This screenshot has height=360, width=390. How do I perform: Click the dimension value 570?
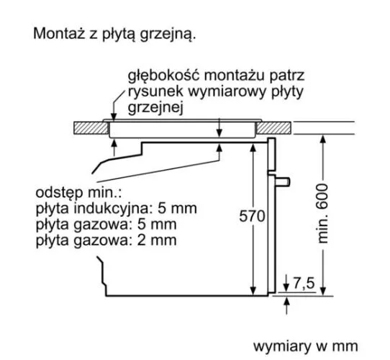pos(252,216)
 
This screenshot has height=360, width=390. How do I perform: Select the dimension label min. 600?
pos(323,213)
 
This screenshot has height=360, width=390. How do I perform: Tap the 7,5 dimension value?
pos(304,283)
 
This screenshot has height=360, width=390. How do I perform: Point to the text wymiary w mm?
pos(305,346)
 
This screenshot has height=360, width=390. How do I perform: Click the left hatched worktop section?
pos(91,128)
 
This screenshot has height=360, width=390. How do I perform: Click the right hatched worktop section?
pos(273,128)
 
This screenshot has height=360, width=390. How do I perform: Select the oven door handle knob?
pos(283,181)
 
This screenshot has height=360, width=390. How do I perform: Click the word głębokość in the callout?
pos(164,76)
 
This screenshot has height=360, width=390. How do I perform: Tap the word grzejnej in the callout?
pos(155,107)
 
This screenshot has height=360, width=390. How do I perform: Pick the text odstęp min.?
pos(78,193)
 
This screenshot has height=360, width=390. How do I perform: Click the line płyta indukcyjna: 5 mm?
pos(116,209)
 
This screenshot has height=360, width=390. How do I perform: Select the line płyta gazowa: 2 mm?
pos(106,240)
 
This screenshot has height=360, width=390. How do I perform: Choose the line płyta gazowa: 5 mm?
pos(106,225)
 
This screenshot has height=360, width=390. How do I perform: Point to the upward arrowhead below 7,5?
pos(287,302)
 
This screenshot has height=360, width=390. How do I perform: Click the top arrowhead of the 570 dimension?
pos(253,148)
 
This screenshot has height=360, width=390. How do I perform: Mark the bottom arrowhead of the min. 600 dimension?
pos(323,291)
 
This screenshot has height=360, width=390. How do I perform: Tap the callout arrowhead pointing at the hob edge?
pos(114,117)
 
